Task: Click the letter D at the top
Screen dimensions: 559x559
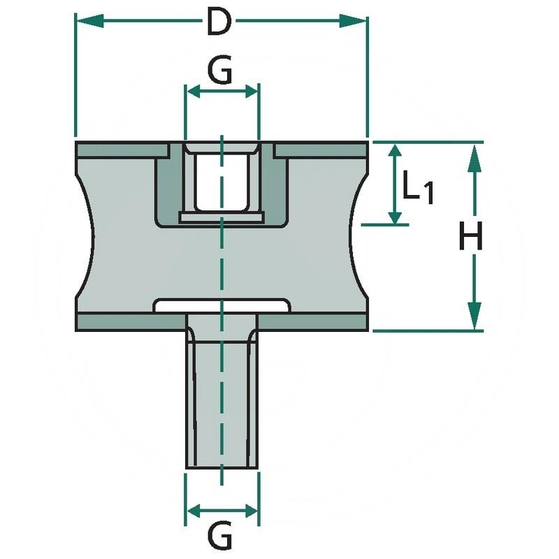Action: [x=219, y=23]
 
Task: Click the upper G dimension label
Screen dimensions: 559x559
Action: [x=220, y=71]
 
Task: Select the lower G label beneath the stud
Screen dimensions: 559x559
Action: [x=220, y=537]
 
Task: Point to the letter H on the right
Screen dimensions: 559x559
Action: [x=471, y=239]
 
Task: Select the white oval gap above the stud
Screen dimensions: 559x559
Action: [x=222, y=306]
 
